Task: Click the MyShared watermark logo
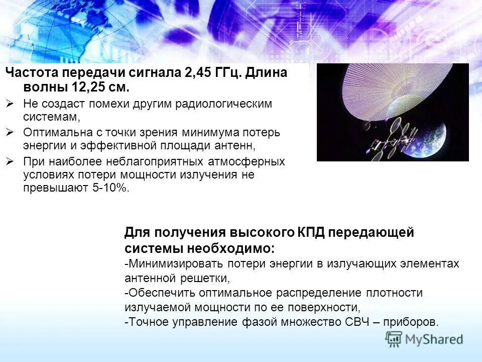click(425, 339)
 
